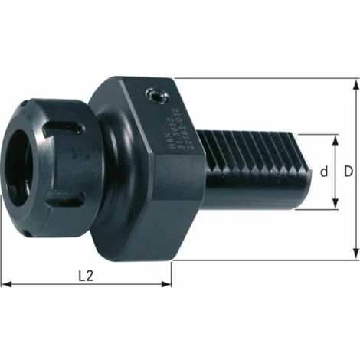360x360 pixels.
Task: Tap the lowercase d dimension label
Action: [323, 172]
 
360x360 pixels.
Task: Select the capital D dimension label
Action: [349, 172]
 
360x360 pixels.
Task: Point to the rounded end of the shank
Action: [306, 172]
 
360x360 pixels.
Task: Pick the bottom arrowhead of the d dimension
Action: [334, 206]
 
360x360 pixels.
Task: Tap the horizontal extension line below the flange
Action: [268, 260]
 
